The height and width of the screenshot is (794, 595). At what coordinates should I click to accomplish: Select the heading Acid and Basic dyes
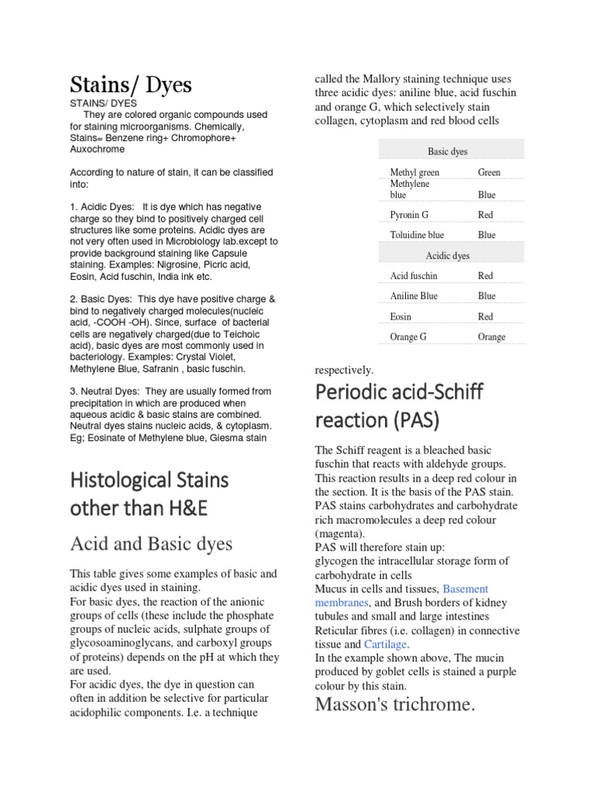point(151,544)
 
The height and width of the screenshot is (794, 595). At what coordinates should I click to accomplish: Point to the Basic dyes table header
point(447,152)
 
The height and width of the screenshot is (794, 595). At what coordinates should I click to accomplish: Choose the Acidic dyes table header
point(447,255)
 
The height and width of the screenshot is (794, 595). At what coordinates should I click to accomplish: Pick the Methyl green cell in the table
point(414,172)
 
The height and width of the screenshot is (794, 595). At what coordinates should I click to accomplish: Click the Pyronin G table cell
point(409,214)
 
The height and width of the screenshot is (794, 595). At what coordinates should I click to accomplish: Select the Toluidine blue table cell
point(417,234)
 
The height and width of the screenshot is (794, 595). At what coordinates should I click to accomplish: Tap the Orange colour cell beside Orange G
point(491,337)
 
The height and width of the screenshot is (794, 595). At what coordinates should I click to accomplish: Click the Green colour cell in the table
point(489,172)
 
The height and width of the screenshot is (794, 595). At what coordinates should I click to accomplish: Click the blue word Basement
point(466,589)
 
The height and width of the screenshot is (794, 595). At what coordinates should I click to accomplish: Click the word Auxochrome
point(97,149)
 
